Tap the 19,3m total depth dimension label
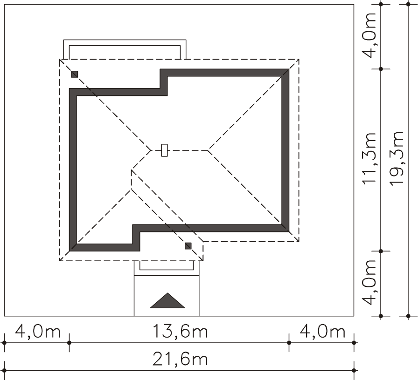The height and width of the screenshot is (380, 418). tap(397, 159)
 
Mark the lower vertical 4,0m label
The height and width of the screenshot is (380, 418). tap(369, 283)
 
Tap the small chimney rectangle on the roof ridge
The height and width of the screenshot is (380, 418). tap(165, 150)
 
